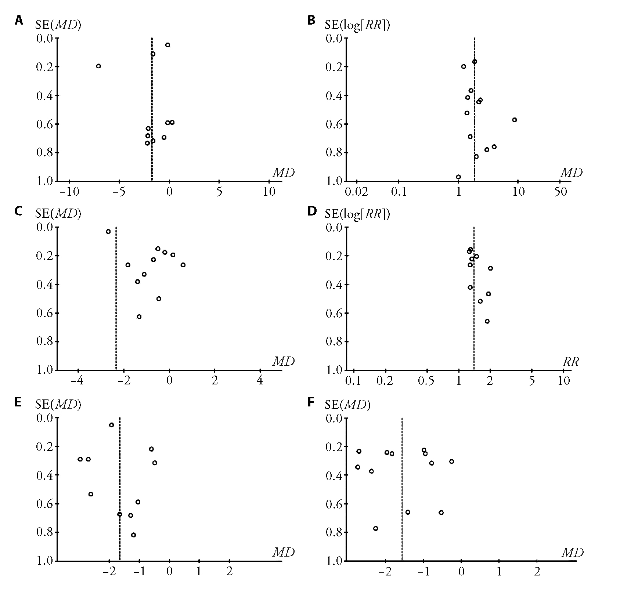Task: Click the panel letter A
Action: pyautogui.click(x=19, y=20)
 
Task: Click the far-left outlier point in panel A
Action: pyautogui.click(x=98, y=66)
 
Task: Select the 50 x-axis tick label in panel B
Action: pyautogui.click(x=560, y=192)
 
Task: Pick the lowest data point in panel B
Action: pyautogui.click(x=458, y=177)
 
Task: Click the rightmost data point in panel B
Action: pyautogui.click(x=515, y=120)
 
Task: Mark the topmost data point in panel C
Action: pyautogui.click(x=108, y=231)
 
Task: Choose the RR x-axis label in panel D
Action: pyautogui.click(x=571, y=362)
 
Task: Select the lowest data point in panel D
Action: pyautogui.click(x=487, y=321)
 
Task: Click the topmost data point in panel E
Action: pyautogui.click(x=111, y=425)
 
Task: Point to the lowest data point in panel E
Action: pyautogui.click(x=133, y=535)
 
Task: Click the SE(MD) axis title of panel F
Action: pyautogui.click(x=348, y=405)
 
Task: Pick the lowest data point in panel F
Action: pyautogui.click(x=375, y=528)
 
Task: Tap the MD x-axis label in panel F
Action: pyautogui.click(x=572, y=552)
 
